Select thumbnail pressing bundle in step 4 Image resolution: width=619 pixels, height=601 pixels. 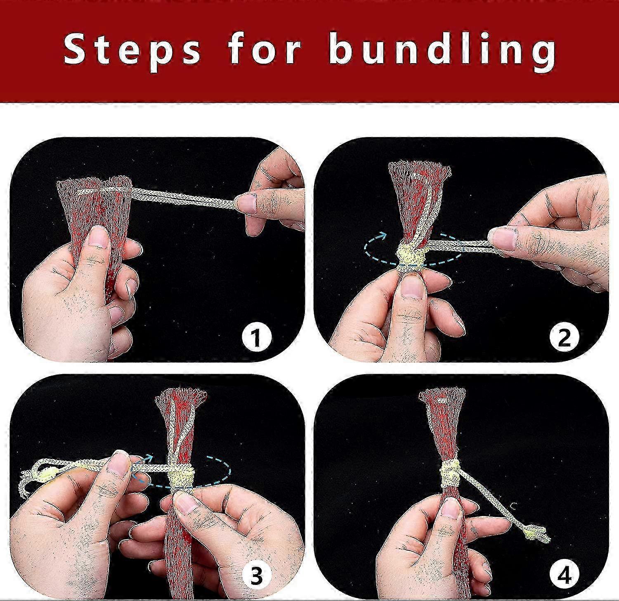pos(451,509)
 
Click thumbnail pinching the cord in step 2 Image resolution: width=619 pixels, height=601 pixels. pos(502,240)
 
